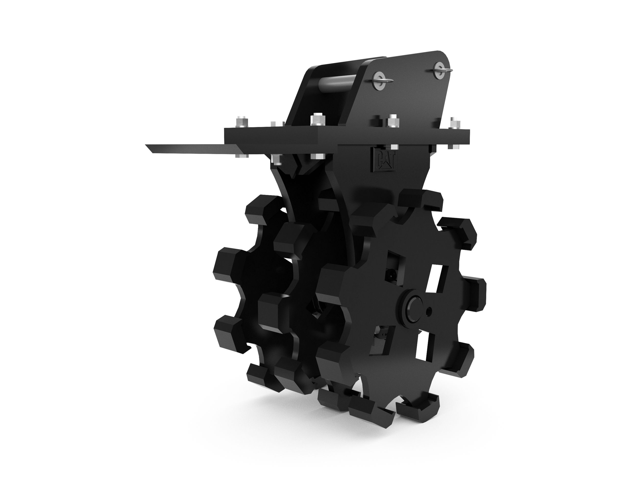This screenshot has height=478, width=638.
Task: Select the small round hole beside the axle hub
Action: [x=430, y=311]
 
